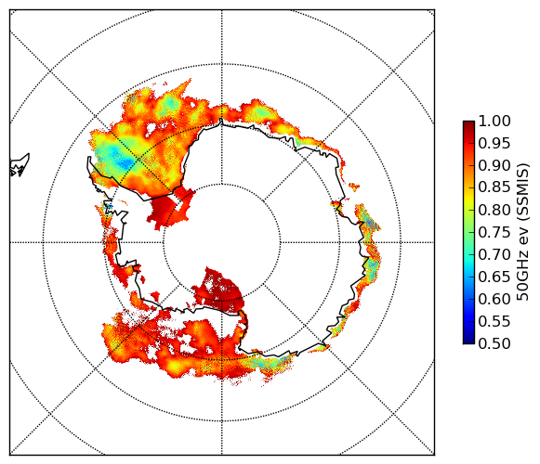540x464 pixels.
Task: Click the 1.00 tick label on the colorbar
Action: [494, 121]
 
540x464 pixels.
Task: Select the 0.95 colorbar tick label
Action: [494, 144]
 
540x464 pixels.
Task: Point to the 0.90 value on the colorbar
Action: [494, 165]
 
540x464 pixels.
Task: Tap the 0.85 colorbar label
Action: [494, 187]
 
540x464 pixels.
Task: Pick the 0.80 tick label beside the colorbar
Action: [494, 210]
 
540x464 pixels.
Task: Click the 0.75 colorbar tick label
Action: [494, 232]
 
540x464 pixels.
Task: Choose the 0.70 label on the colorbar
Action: [494, 254]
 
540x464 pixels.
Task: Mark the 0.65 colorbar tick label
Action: [494, 277]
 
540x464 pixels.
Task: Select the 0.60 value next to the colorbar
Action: [494, 299]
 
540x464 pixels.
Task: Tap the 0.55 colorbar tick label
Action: [494, 321]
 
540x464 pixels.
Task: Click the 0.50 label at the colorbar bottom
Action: [494, 343]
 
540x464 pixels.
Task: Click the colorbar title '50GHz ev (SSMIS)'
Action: [523, 232]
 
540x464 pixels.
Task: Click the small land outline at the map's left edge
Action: [19, 165]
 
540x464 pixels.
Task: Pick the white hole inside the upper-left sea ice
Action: [151, 128]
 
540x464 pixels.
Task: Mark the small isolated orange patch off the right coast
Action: [354, 187]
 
